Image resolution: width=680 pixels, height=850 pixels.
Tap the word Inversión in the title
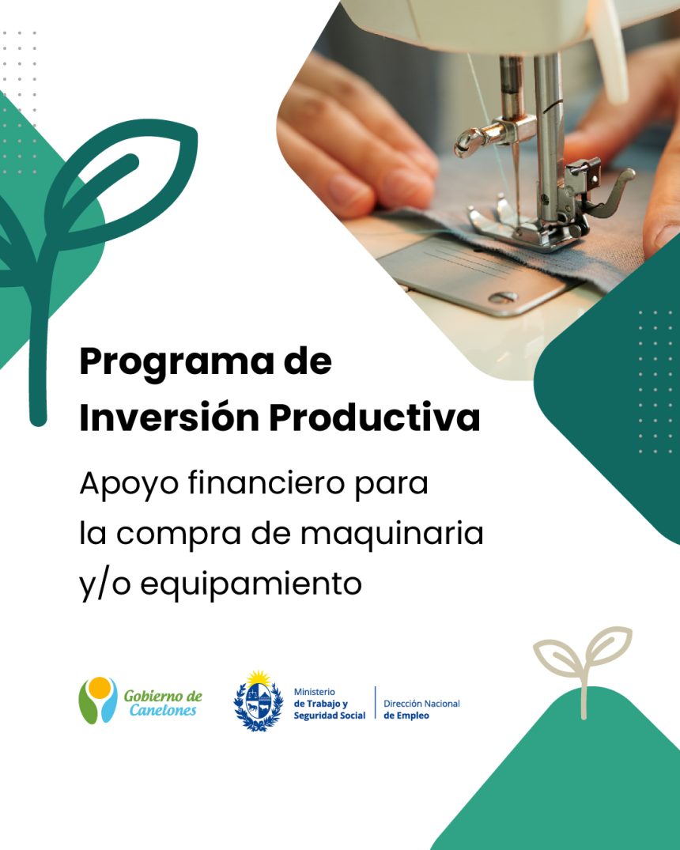tap(169, 417)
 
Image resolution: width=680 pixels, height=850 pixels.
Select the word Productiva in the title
tap(375, 417)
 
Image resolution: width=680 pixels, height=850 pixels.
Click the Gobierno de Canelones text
tap(163, 703)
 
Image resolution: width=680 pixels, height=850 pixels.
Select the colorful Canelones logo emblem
tap(97, 700)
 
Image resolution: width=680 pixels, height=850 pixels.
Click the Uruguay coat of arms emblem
tap(259, 701)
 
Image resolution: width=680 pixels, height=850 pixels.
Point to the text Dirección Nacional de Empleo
tap(421, 709)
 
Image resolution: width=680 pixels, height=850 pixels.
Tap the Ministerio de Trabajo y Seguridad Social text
tap(329, 705)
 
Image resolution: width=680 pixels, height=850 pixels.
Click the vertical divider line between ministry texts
tap(376, 703)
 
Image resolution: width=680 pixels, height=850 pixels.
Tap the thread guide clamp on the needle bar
tap(488, 135)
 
